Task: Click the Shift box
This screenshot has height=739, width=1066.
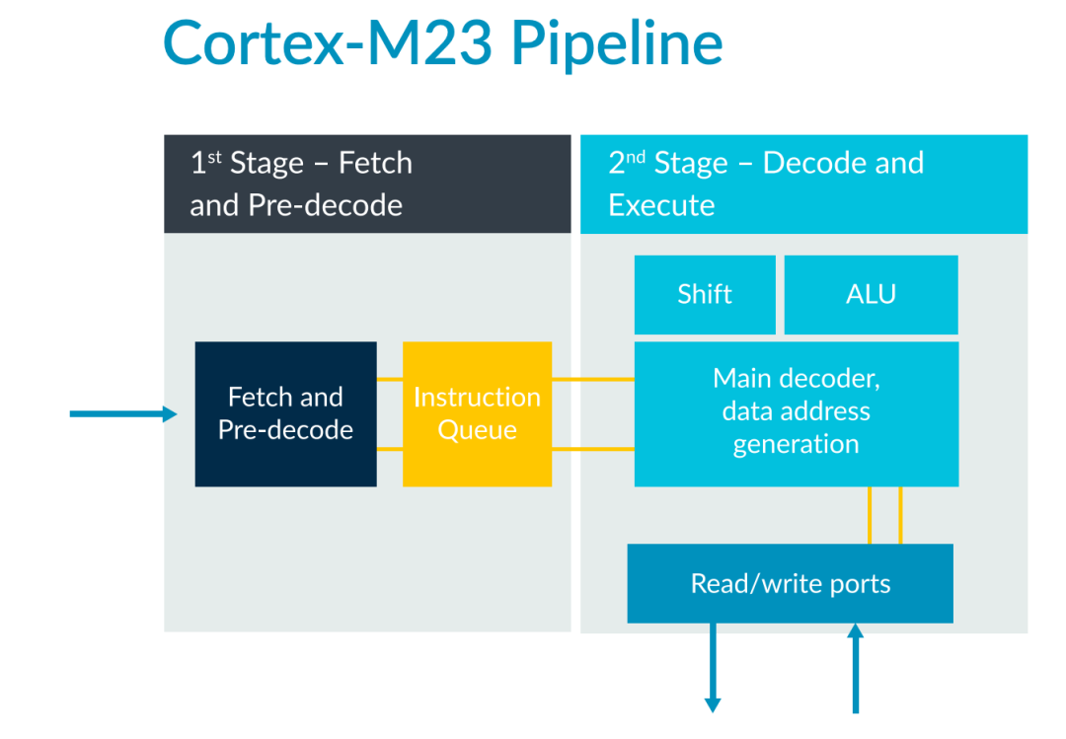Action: point(705,294)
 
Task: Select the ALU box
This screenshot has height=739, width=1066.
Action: point(871,294)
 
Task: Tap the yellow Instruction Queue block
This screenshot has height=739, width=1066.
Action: point(477,413)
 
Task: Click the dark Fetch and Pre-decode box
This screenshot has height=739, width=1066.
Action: point(285,413)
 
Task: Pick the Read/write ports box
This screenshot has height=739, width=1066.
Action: point(790,583)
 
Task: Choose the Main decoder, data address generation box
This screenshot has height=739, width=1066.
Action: point(796,412)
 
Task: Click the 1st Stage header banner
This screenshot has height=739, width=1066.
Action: point(367,184)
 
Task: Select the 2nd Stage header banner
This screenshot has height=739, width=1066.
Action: point(803,184)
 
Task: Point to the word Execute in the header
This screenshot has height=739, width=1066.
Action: point(661,205)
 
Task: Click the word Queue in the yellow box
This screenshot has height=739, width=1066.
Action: point(477,430)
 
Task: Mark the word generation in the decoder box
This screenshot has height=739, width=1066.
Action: point(796,444)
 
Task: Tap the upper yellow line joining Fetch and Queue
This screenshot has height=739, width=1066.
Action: point(389,379)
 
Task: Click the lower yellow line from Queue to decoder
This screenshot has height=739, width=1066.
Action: point(592,449)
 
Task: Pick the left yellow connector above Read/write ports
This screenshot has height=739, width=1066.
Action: point(870,515)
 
